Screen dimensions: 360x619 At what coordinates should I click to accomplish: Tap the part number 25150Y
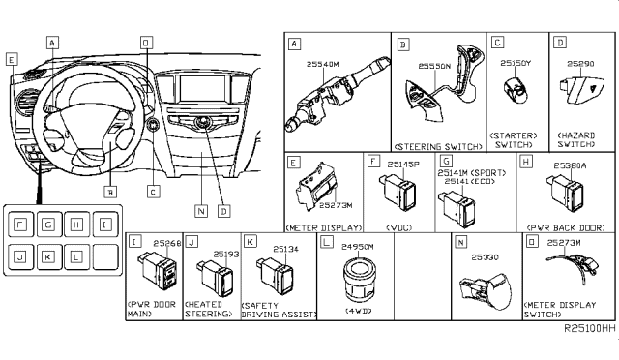click(x=516, y=64)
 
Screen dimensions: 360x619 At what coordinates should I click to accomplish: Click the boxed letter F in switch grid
click(x=19, y=225)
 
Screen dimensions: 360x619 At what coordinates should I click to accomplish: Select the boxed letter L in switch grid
click(x=74, y=257)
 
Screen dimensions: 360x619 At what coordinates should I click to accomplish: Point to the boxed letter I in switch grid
click(x=103, y=225)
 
